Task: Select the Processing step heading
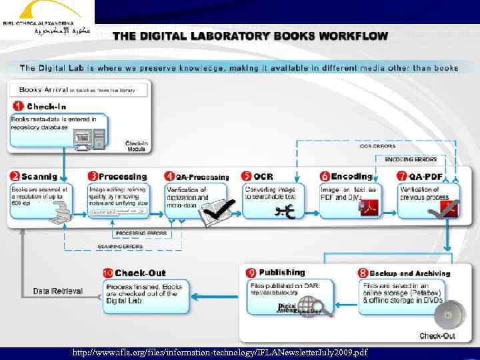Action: [x=122, y=177]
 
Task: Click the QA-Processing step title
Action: [x=202, y=177]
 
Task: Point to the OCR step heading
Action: [x=263, y=177]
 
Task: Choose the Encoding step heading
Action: [x=351, y=177]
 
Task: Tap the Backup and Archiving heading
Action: [x=409, y=273]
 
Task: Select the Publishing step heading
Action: [x=281, y=273]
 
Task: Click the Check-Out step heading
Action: [x=140, y=273]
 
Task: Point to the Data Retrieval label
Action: [x=58, y=291]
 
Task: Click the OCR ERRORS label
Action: [x=377, y=145]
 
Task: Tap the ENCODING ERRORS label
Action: [x=411, y=159]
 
